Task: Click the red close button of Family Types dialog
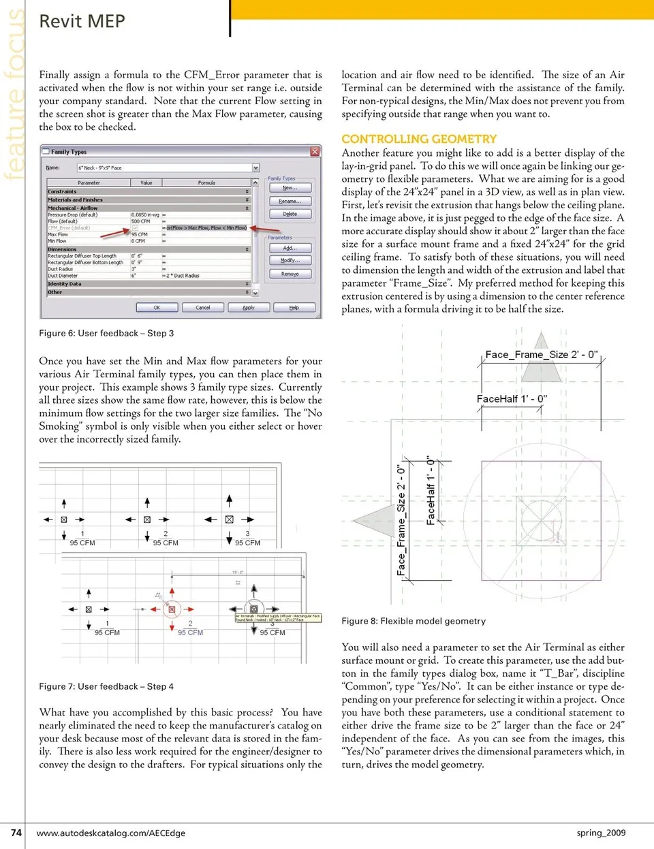coord(315,151)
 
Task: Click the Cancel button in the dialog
coord(203,308)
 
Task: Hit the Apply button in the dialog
coord(249,308)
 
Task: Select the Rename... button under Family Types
coord(290,202)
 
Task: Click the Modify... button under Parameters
coord(290,261)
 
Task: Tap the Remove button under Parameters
coord(290,274)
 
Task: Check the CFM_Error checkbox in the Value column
coord(135,228)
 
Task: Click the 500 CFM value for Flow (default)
coord(141,221)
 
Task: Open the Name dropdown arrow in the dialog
coord(255,167)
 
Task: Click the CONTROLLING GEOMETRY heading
coord(419,139)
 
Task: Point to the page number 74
coord(16,832)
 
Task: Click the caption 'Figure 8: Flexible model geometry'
coord(414,621)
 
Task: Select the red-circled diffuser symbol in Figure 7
coord(172,609)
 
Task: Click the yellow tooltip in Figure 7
coord(277,618)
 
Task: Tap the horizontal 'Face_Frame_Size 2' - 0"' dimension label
coord(542,354)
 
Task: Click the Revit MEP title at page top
coord(82,22)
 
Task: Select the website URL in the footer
coord(110,833)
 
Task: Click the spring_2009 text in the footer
coord(601,833)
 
